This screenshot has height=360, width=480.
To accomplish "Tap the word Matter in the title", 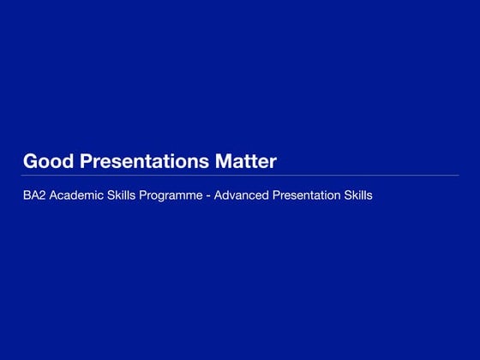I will (x=247, y=161).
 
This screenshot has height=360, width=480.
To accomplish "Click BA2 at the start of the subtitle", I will (x=33, y=195).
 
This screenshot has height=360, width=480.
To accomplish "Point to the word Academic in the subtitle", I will (x=75, y=195).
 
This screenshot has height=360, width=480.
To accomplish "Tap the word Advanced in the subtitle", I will (x=241, y=195).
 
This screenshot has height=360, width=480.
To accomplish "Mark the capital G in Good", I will (x=30, y=161).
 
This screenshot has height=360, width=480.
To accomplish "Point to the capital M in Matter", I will (x=227, y=161).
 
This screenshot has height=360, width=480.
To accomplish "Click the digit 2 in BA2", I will (x=41, y=195).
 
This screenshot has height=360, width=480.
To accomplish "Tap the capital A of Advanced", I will (x=218, y=195).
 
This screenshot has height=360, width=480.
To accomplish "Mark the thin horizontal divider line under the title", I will (x=240, y=176).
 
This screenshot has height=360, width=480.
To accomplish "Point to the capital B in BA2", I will (x=27, y=195).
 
